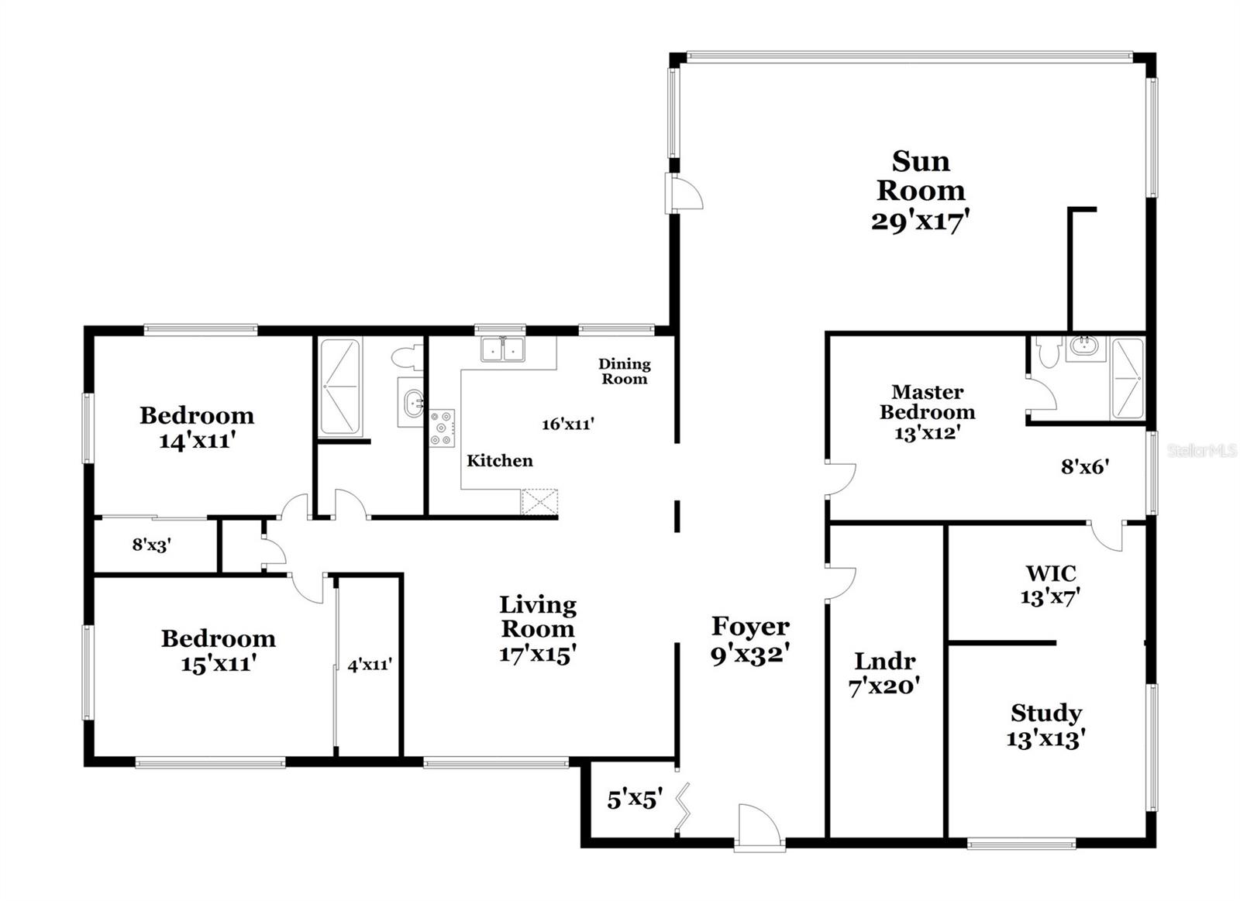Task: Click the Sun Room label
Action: [921, 176]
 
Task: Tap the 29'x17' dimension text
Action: [921, 222]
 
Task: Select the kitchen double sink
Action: [502, 349]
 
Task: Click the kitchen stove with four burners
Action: [442, 428]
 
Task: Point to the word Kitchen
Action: [499, 461]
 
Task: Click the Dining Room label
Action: [624, 371]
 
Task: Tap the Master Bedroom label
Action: [927, 402]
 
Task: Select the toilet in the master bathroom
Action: [1049, 352]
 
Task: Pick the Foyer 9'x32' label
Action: [749, 640]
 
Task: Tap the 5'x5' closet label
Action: [634, 799]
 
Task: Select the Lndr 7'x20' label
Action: [884, 673]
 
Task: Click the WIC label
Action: [1051, 573]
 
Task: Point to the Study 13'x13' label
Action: [1045, 725]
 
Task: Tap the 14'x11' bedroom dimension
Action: [197, 441]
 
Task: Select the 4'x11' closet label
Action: [369, 665]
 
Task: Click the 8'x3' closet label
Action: [151, 545]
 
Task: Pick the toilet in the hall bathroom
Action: [406, 357]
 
